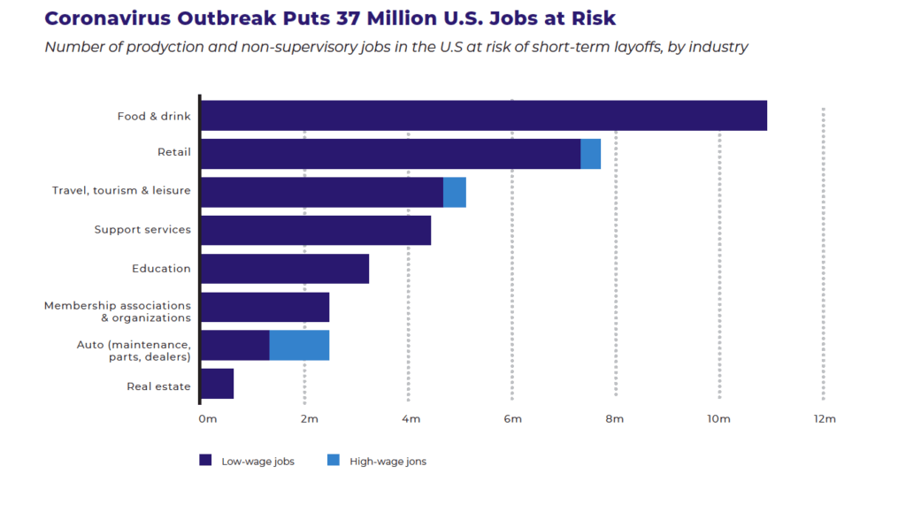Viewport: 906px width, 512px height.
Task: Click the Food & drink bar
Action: pyautogui.click(x=484, y=116)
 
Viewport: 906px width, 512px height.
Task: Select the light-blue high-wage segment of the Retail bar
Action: pyautogui.click(x=590, y=154)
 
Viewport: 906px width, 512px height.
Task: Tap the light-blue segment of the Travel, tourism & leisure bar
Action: pyautogui.click(x=455, y=192)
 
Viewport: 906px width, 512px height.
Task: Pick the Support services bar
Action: pyautogui.click(x=316, y=230)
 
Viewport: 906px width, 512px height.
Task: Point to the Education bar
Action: pyautogui.click(x=285, y=269)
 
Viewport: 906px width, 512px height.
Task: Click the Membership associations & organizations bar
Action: pyautogui.click(x=265, y=307)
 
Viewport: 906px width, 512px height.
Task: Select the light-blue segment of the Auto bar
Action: pyautogui.click(x=299, y=345)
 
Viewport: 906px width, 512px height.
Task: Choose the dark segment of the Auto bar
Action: pyautogui.click(x=235, y=345)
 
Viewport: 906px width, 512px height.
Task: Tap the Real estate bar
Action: pyautogui.click(x=218, y=383)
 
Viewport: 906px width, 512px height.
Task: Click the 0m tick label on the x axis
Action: pyautogui.click(x=207, y=419)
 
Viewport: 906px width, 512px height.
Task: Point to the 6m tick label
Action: pyautogui.click(x=512, y=419)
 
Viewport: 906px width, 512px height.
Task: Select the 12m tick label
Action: pyautogui.click(x=825, y=419)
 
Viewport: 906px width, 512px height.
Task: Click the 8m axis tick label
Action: pyautogui.click(x=614, y=419)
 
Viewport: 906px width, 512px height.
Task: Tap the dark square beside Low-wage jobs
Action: pyautogui.click(x=205, y=460)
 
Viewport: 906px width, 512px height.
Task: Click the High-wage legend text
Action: pyautogui.click(x=388, y=462)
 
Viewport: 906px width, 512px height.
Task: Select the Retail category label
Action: pyautogui.click(x=174, y=152)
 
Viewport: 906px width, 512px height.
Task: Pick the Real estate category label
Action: pyautogui.click(x=158, y=386)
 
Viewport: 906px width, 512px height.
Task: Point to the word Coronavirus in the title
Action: pyautogui.click(x=107, y=18)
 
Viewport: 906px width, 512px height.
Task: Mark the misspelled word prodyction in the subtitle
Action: pyautogui.click(x=165, y=47)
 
